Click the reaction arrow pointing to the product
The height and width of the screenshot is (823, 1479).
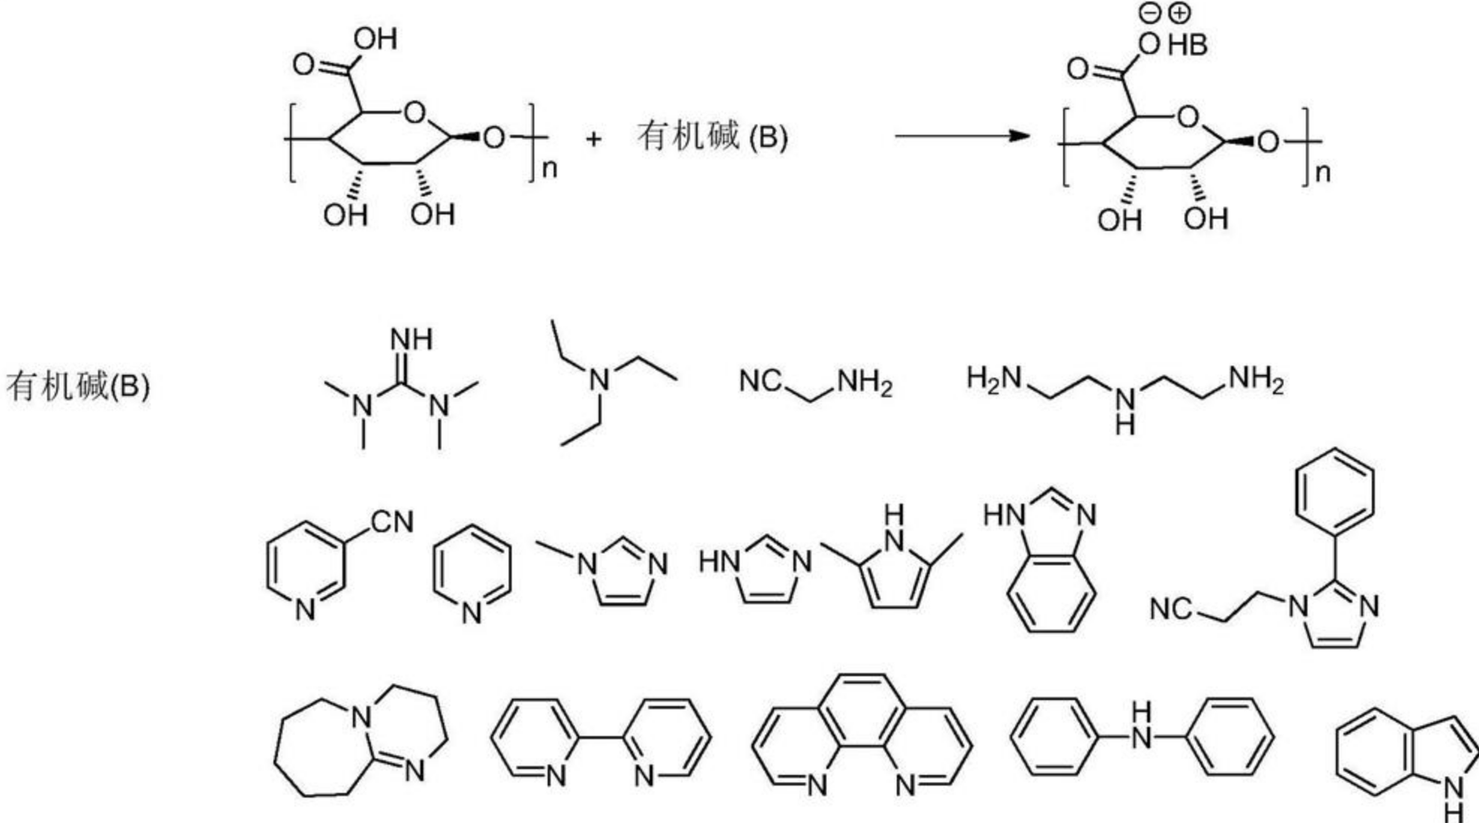click(x=963, y=136)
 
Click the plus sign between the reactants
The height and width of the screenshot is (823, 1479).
click(x=593, y=139)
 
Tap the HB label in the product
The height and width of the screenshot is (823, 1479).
click(x=1188, y=46)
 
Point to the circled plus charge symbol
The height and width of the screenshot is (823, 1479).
click(x=1180, y=13)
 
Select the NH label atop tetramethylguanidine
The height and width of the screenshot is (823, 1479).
click(x=411, y=340)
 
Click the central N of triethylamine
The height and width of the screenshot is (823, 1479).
click(x=599, y=380)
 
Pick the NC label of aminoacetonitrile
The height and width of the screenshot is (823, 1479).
click(x=760, y=381)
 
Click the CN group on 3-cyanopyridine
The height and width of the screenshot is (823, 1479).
click(x=392, y=522)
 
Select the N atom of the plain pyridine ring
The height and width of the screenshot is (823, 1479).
click(x=471, y=614)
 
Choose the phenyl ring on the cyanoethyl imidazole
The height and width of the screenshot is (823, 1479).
click(x=1334, y=490)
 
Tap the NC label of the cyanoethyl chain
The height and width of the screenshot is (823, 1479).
click(x=1170, y=609)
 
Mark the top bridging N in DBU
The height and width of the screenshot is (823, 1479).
click(x=362, y=717)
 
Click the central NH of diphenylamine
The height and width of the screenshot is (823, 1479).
click(x=1141, y=727)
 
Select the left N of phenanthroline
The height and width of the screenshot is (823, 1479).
click(x=817, y=785)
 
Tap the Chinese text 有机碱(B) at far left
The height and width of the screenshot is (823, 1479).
click(x=78, y=387)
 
